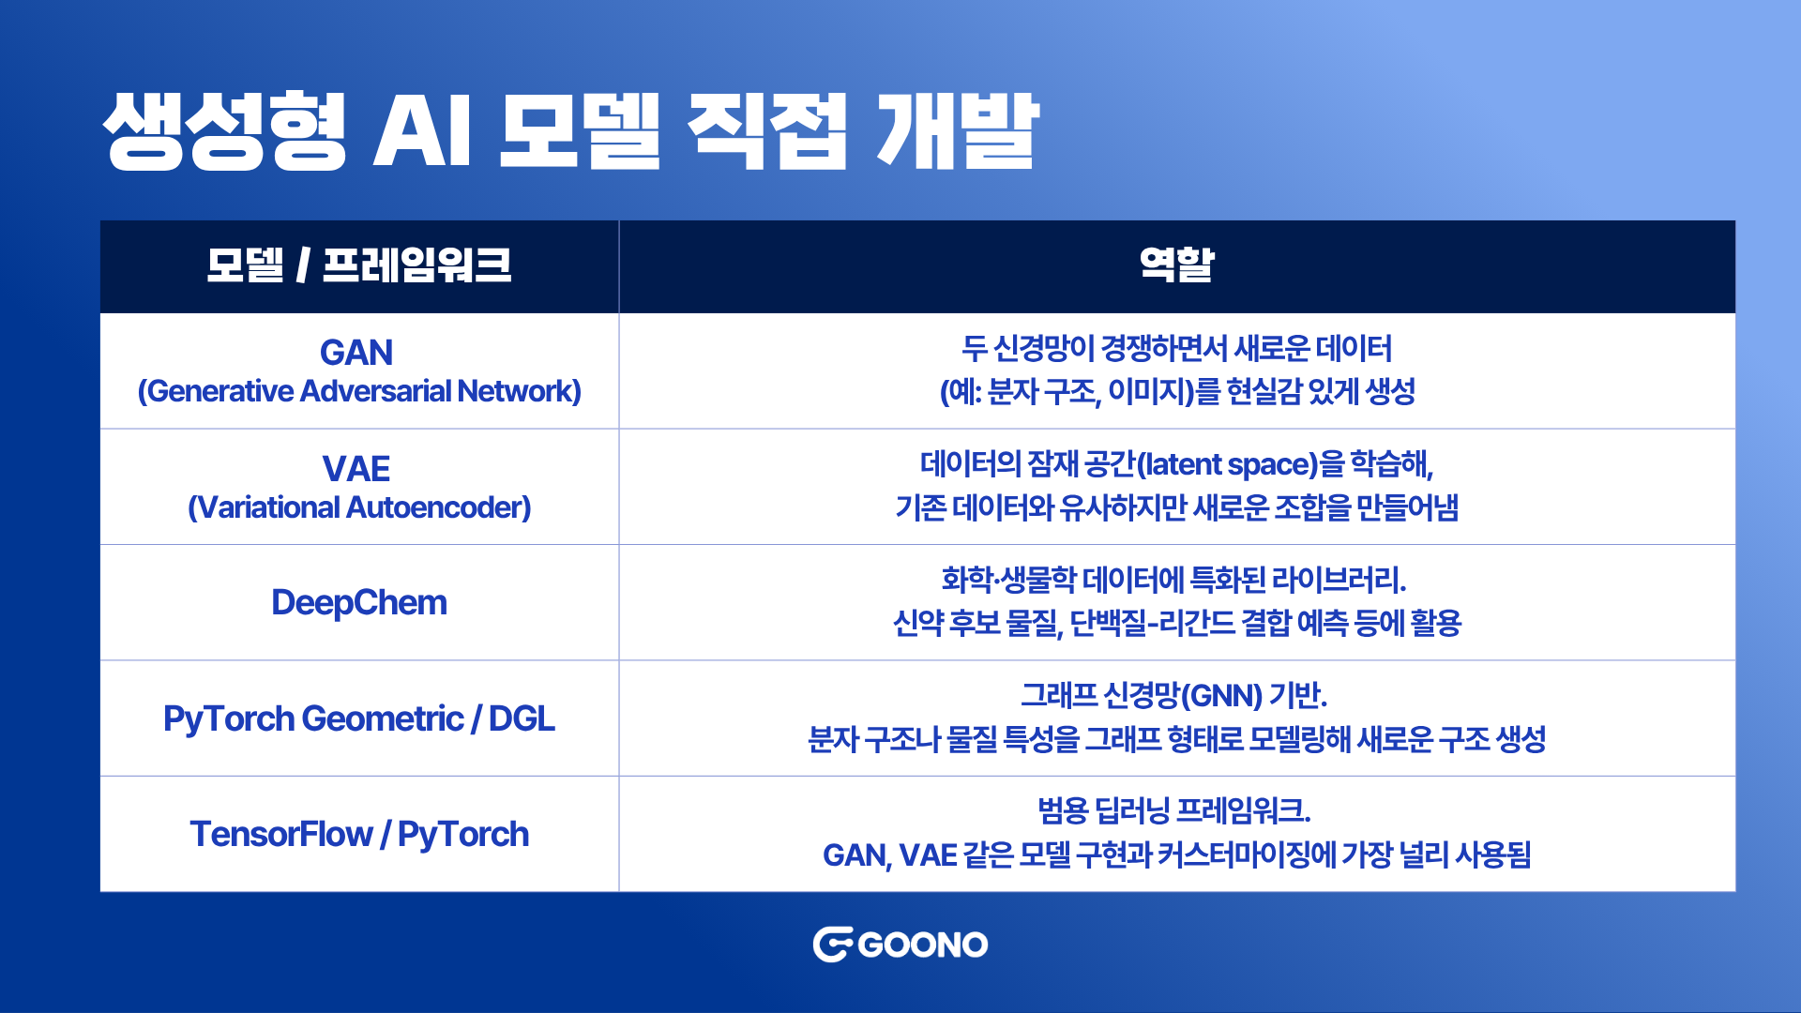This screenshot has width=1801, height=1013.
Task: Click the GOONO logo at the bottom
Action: (900, 945)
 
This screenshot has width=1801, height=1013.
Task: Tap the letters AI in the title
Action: (422, 132)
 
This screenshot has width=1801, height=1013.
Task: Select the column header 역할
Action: (1176, 265)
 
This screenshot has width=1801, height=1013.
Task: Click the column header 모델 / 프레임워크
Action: (359, 265)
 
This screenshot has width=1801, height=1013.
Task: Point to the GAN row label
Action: (356, 353)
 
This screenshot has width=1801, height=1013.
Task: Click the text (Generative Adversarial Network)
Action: (359, 391)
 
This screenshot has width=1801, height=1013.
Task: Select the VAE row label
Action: (356, 468)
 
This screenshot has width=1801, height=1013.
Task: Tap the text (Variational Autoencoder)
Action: (359, 507)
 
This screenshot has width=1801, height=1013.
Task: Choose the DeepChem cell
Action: (359, 602)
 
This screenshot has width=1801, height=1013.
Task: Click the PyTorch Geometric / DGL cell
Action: (359, 718)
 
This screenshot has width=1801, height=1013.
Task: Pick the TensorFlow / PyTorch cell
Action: (359, 834)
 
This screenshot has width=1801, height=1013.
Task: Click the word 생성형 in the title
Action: (225, 131)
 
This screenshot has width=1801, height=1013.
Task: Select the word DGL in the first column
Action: (522, 718)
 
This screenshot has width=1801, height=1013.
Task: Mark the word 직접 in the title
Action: (767, 131)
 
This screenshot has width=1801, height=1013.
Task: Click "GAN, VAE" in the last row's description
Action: (890, 855)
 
